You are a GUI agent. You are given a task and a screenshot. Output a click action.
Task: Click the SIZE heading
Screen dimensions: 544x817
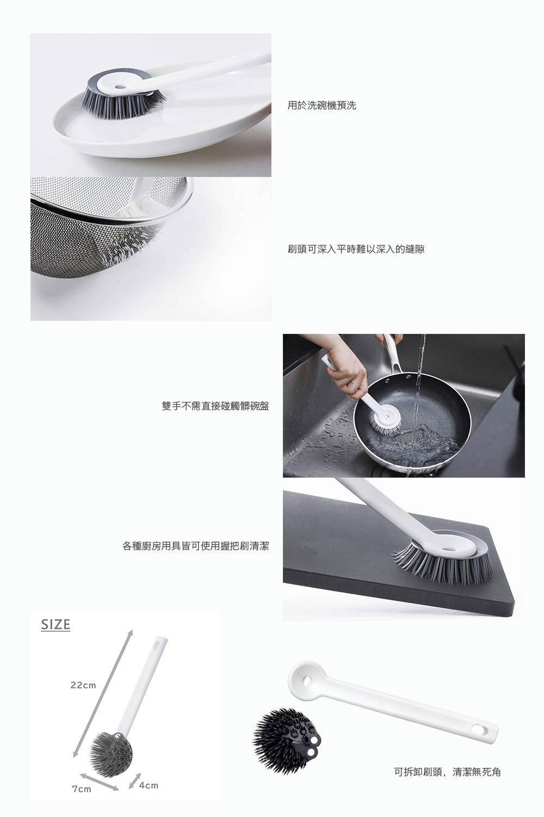[55, 624]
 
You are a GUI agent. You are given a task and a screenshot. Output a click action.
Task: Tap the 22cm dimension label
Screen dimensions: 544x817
[83, 685]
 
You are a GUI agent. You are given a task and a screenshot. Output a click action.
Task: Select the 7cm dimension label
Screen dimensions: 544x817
[82, 789]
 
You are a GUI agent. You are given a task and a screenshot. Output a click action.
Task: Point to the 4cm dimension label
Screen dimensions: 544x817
[149, 785]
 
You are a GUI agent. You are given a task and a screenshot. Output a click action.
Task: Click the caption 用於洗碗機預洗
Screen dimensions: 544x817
[322, 106]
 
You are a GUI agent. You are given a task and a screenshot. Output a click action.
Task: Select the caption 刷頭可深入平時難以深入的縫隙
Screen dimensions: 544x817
[356, 249]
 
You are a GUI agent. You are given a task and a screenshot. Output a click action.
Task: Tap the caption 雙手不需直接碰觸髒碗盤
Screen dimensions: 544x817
[215, 406]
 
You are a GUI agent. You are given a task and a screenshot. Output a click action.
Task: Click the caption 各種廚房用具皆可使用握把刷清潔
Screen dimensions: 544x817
[196, 546]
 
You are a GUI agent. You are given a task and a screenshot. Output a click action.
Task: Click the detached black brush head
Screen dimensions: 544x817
[286, 741]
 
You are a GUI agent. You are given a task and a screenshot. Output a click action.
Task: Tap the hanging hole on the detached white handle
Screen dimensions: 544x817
[477, 729]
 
